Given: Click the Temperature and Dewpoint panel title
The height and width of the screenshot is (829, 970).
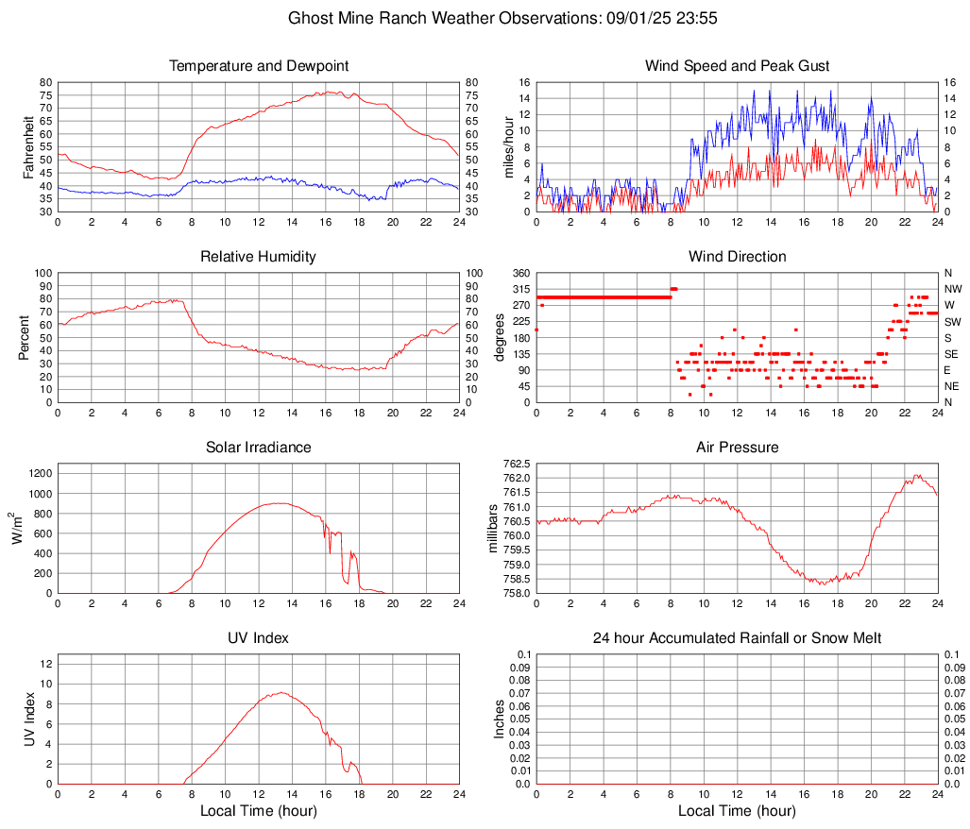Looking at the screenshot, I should (x=259, y=66).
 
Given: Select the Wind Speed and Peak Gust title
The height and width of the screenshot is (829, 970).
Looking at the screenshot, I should (x=737, y=66).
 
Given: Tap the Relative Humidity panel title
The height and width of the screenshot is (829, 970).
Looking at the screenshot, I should (x=259, y=257).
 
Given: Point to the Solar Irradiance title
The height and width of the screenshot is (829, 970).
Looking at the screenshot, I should (x=259, y=448).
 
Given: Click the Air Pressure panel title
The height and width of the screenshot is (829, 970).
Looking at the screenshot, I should (x=737, y=448).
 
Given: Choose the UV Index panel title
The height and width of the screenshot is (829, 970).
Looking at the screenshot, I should (x=259, y=638).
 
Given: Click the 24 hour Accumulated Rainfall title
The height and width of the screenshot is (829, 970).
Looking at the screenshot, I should (x=737, y=638).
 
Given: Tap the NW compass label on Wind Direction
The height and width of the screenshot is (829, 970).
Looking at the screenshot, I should (x=953, y=289).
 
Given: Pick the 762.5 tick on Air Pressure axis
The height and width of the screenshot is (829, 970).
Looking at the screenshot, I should (x=516, y=464).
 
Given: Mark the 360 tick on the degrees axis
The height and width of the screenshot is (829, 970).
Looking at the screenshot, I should (x=519, y=273).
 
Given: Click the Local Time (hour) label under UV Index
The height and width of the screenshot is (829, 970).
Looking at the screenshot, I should (x=259, y=811).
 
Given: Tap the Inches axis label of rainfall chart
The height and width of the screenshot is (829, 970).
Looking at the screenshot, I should (x=501, y=719).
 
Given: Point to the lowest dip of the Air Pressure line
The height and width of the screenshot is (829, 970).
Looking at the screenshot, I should (x=823, y=584).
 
